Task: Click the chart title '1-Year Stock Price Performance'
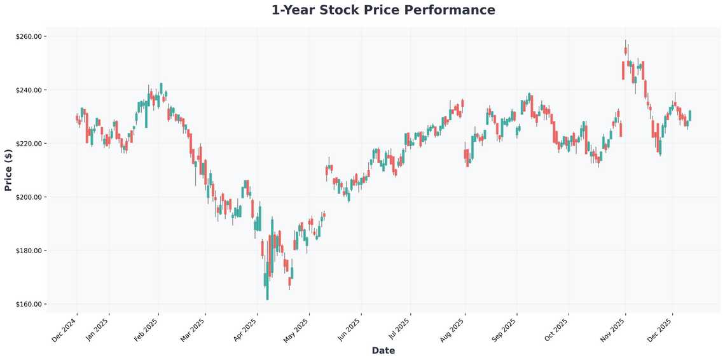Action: point(383,10)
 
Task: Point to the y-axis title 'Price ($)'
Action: point(8,170)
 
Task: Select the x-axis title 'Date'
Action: point(383,350)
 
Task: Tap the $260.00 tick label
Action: point(29,37)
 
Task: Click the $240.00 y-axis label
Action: point(29,90)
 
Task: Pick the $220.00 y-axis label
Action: point(29,144)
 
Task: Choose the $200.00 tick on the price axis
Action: point(29,197)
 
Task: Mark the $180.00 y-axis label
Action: point(29,251)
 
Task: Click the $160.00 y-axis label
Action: point(29,304)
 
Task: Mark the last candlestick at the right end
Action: point(689,116)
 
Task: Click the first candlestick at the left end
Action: point(76,118)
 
